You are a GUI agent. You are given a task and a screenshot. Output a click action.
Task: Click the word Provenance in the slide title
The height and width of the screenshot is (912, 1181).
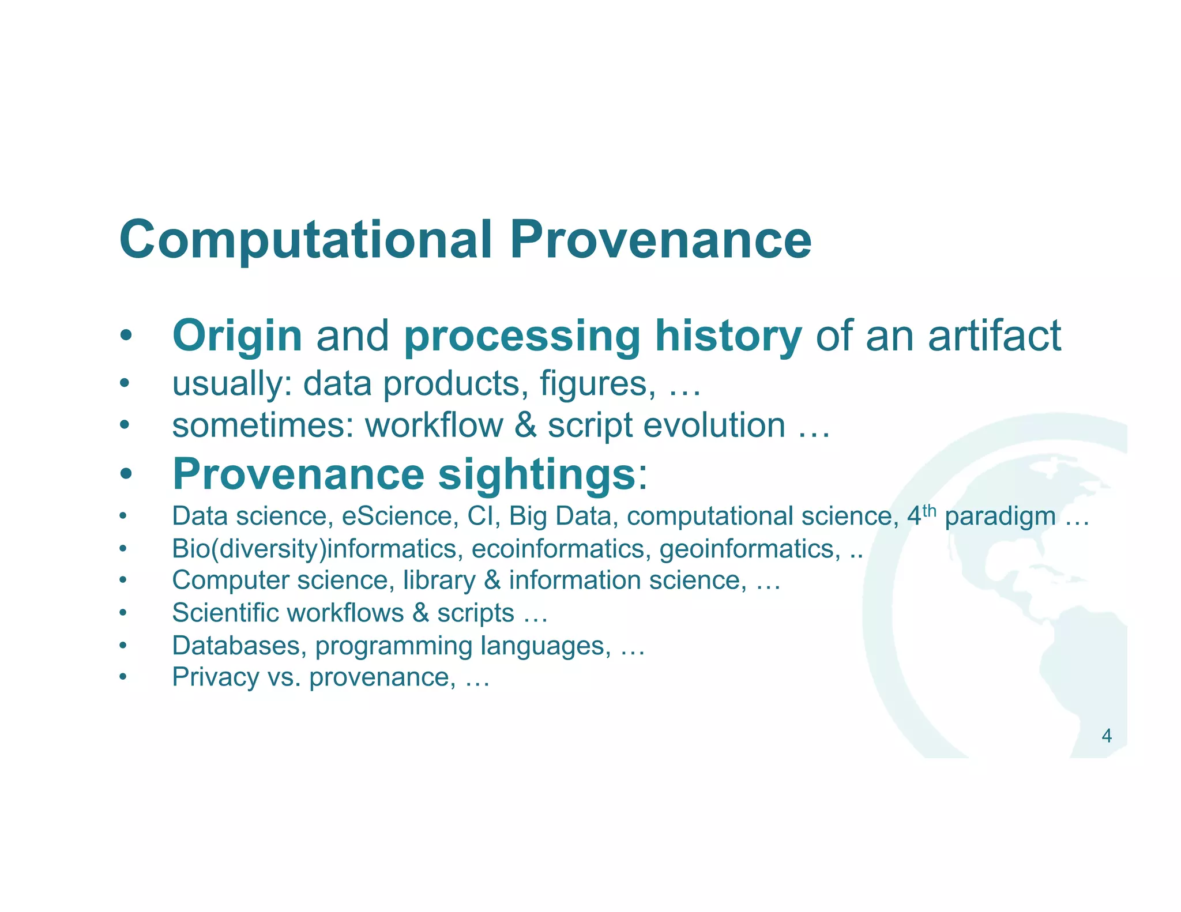point(661,240)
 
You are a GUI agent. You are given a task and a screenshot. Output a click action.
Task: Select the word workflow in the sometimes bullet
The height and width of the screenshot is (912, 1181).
point(434,425)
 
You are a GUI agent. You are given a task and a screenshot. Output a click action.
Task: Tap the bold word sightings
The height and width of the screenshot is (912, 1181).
point(536,474)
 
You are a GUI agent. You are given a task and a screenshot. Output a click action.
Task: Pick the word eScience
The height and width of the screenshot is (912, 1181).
point(397,516)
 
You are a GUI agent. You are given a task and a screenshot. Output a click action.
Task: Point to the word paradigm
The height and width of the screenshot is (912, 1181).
point(1000,517)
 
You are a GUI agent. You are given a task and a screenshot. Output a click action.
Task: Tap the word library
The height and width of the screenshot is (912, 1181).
point(439,581)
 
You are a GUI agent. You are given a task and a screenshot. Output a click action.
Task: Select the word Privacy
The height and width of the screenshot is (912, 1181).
point(216,677)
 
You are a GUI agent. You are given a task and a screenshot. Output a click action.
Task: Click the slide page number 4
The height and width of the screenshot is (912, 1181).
point(1106,736)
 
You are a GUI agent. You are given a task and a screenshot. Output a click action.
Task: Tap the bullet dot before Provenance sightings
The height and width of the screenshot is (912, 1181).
point(126,475)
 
